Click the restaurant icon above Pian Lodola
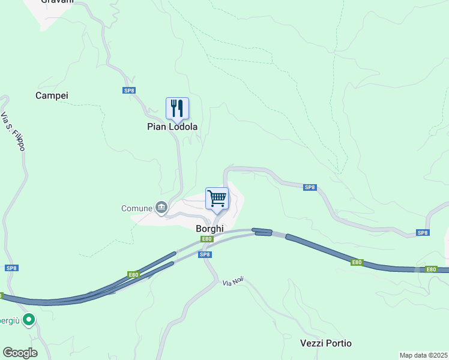click(x=177, y=108)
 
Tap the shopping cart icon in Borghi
click(x=217, y=198)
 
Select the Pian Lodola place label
click(x=172, y=127)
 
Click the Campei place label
click(x=52, y=95)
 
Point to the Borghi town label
click(x=209, y=229)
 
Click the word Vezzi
click(x=312, y=343)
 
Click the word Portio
click(x=339, y=343)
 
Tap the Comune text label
click(x=136, y=208)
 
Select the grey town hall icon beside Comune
click(x=161, y=208)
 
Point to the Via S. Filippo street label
click(x=13, y=131)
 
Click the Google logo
click(x=20, y=353)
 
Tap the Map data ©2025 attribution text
click(x=423, y=355)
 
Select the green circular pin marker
click(x=28, y=320)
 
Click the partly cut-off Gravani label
click(x=57, y=2)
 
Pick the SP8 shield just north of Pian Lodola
click(x=129, y=91)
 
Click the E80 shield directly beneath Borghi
click(x=206, y=239)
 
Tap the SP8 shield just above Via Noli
click(x=205, y=254)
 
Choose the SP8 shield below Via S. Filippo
click(x=11, y=268)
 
